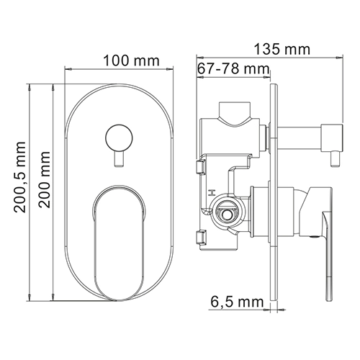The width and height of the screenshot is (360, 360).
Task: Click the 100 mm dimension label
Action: pos(131,61)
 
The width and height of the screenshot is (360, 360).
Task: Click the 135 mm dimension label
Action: pos(282,49)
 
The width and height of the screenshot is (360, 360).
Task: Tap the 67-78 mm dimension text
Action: pos(233,69)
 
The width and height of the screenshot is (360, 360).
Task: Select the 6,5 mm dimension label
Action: pos(237,302)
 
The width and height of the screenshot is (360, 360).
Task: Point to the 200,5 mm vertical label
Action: pos(19,177)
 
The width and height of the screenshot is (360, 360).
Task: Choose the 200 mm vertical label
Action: pos(45,179)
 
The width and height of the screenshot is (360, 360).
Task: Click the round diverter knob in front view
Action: pos(119,138)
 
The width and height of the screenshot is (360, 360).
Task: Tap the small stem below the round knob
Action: pos(119,159)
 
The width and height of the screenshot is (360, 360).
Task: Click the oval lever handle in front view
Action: pos(119,243)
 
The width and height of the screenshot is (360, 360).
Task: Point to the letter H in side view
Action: pos(212,192)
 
